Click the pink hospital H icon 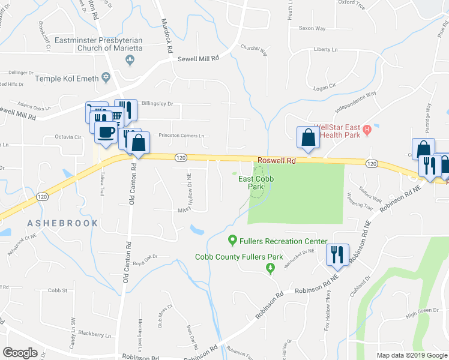click(x=368, y=128)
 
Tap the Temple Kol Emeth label click(x=66, y=79)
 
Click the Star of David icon click(x=107, y=79)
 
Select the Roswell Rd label click(x=277, y=161)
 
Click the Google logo click(x=20, y=352)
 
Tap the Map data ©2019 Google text click(x=411, y=355)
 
